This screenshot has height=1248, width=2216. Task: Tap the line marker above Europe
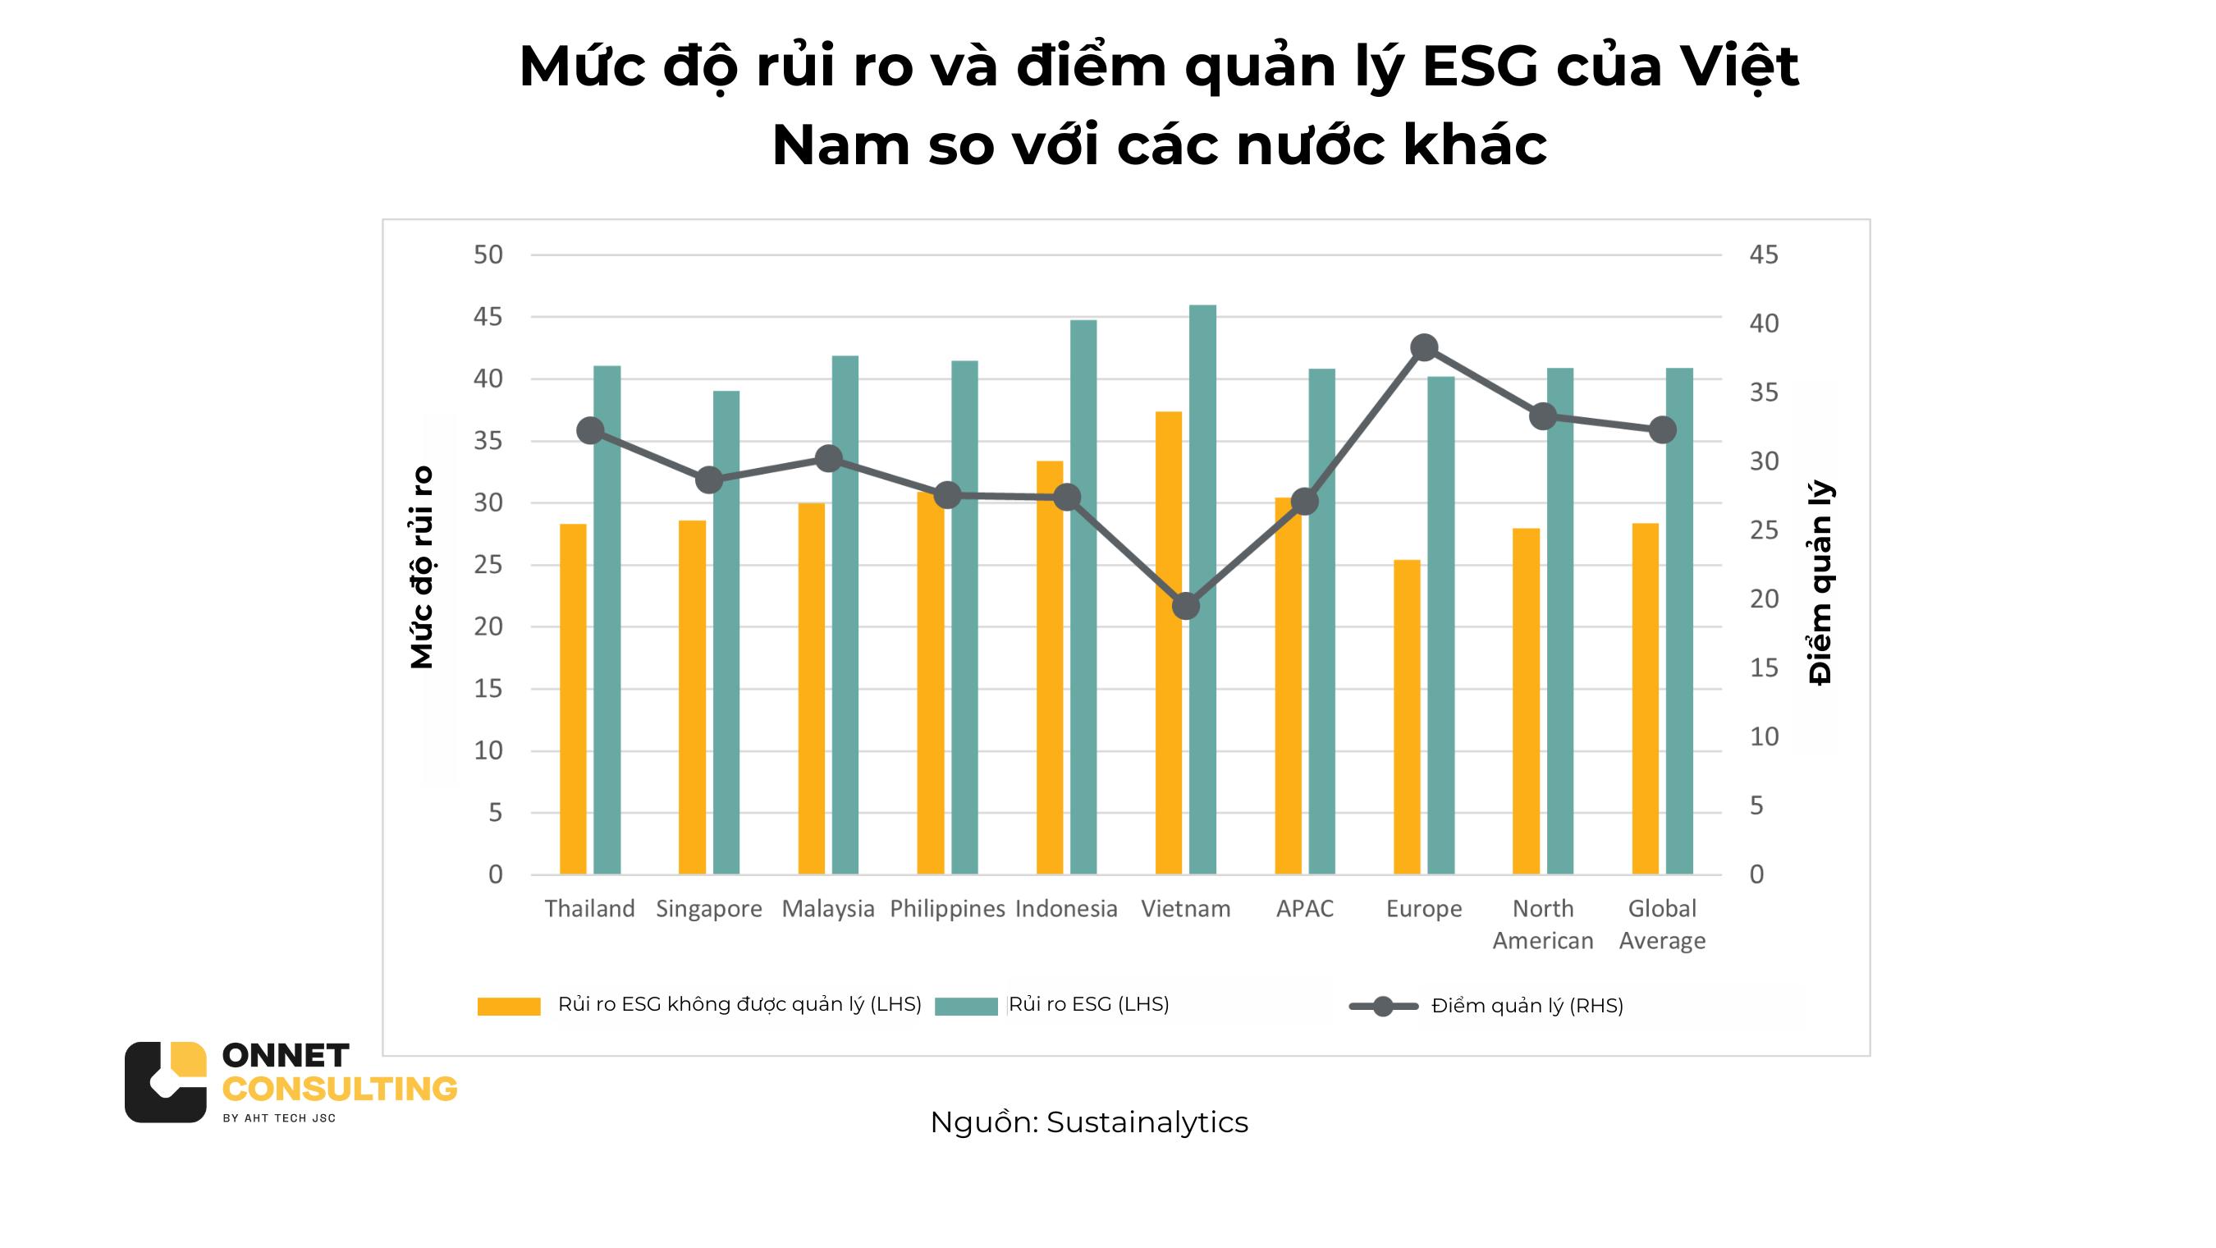pyautogui.click(x=1424, y=348)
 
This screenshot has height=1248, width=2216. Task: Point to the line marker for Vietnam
pyautogui.click(x=1185, y=606)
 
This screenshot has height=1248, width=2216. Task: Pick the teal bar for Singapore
pyautogui.click(x=726, y=632)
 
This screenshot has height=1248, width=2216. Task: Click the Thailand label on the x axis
pyautogui.click(x=589, y=909)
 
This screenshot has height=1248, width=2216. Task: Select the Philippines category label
pyautogui.click(x=947, y=909)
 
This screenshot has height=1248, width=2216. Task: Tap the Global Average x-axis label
pyautogui.click(x=1662, y=925)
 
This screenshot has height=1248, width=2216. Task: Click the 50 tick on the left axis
pyautogui.click(x=488, y=255)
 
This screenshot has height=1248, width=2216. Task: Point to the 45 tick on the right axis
pyautogui.click(x=1764, y=255)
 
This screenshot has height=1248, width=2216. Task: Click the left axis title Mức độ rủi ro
pyautogui.click(x=422, y=568)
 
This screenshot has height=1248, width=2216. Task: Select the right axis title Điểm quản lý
pyautogui.click(x=1820, y=583)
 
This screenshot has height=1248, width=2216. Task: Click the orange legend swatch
pyautogui.click(x=508, y=1006)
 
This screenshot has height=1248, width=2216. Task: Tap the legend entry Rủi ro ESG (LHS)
pyautogui.click(x=1088, y=1004)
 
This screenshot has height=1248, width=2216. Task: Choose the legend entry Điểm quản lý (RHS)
pyautogui.click(x=1527, y=1006)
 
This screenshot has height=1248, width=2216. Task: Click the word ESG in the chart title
pyautogui.click(x=1480, y=67)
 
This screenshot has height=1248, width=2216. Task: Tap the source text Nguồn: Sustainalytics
pyautogui.click(x=1088, y=1122)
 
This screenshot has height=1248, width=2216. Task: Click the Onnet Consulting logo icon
pyautogui.click(x=165, y=1082)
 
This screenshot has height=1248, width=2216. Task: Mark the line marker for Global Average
pyautogui.click(x=1662, y=430)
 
